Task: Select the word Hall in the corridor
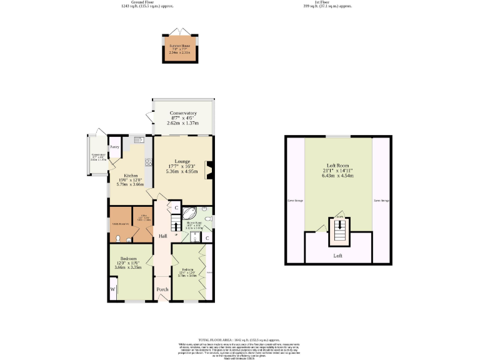point(162,236)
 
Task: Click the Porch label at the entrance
point(162,289)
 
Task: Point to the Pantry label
point(115,147)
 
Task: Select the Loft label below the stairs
point(338,256)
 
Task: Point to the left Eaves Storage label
point(295,201)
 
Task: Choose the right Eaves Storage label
point(381,201)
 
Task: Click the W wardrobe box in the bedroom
point(113,289)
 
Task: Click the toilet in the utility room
point(119,238)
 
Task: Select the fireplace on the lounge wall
point(209,168)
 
